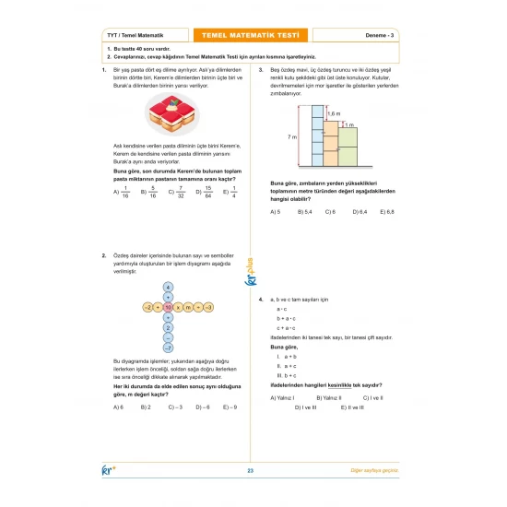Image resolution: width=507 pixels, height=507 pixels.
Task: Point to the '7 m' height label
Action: coord(291,136)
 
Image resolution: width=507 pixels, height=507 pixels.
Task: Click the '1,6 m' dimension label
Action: coord(334,112)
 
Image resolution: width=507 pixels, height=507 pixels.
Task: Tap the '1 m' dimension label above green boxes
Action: coord(349,123)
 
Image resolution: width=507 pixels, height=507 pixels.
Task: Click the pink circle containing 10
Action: coord(168,306)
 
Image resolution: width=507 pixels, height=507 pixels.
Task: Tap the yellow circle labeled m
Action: coord(187,306)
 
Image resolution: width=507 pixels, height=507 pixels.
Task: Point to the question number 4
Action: coord(262,299)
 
